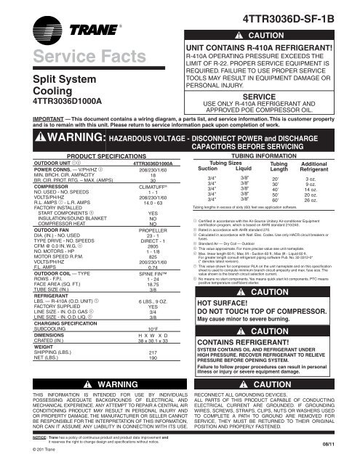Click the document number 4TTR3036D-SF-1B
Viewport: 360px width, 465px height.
(x=300, y=9)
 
